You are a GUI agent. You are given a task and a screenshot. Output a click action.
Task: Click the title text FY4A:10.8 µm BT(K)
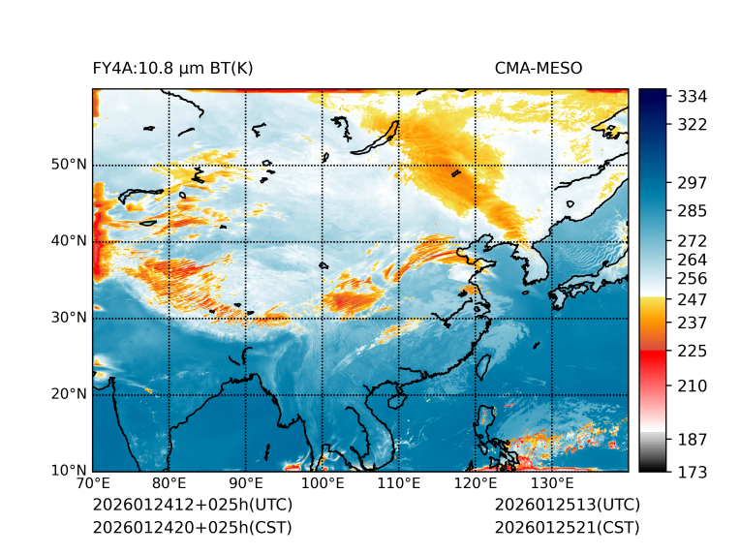point(172,69)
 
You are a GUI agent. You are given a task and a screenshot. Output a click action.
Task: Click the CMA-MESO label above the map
point(539,69)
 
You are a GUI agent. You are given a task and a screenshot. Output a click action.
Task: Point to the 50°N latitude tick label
point(69,165)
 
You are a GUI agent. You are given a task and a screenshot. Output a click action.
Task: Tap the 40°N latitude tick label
point(69,241)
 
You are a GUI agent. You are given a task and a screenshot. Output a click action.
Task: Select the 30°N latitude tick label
point(69,318)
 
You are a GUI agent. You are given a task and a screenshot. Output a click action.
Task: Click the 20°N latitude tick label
point(69,394)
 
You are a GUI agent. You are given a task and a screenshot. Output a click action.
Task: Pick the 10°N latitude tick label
point(69,471)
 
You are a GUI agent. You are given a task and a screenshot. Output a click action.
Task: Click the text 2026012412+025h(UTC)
point(192,506)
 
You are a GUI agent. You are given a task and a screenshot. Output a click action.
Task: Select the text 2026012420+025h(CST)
point(192,528)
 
